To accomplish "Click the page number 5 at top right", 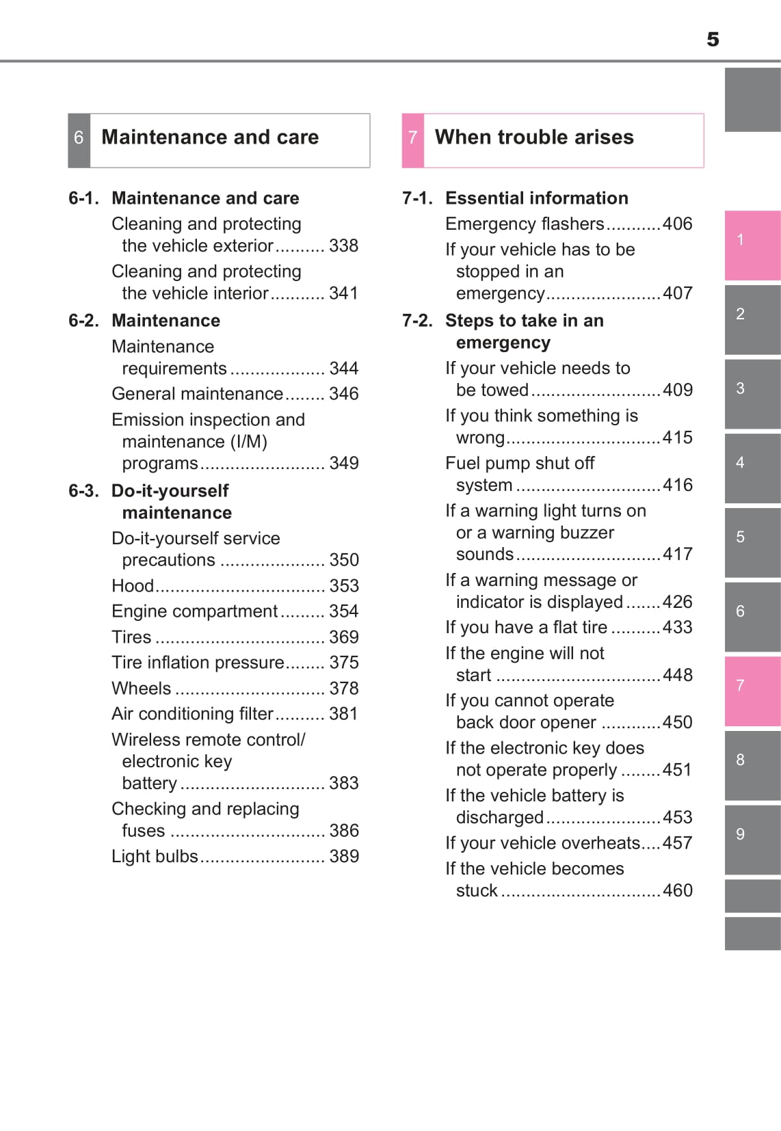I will [x=713, y=40].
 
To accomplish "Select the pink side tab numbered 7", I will [x=752, y=691].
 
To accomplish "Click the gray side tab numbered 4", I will [x=752, y=468].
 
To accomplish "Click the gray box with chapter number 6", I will [x=79, y=140].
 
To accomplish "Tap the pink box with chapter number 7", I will [x=412, y=140].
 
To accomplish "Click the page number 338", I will [x=343, y=245].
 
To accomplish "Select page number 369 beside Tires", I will [x=343, y=637].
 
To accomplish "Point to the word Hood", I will [x=133, y=586].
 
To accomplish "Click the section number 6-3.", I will [x=83, y=491].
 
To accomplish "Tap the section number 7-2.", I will [x=417, y=321].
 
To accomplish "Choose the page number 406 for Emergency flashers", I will [x=677, y=224].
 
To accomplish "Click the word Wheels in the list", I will [x=141, y=689].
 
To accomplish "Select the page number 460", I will [x=677, y=890].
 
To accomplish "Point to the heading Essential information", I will [x=536, y=198].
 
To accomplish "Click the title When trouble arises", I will [x=534, y=137].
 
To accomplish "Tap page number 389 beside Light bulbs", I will [x=343, y=856].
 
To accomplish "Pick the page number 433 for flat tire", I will [x=677, y=627].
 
